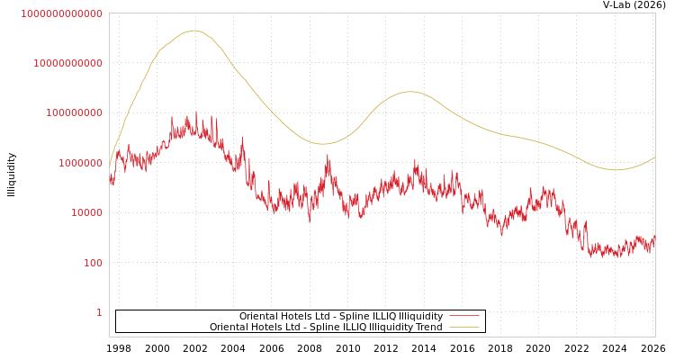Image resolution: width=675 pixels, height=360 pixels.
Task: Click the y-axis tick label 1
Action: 99,312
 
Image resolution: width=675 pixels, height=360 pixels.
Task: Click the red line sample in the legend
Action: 463,316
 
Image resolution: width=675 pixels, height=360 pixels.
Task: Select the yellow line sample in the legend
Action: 463,327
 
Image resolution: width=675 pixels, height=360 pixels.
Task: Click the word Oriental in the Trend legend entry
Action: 229,327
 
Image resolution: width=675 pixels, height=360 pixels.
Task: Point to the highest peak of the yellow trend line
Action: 193,31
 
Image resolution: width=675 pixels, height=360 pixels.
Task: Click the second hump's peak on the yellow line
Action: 410,92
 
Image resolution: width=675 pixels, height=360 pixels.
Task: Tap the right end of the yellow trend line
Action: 654,157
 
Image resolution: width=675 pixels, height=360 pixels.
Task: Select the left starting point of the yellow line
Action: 110,165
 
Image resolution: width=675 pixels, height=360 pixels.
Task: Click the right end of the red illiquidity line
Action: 654,239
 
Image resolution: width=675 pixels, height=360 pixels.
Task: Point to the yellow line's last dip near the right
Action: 616,169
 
